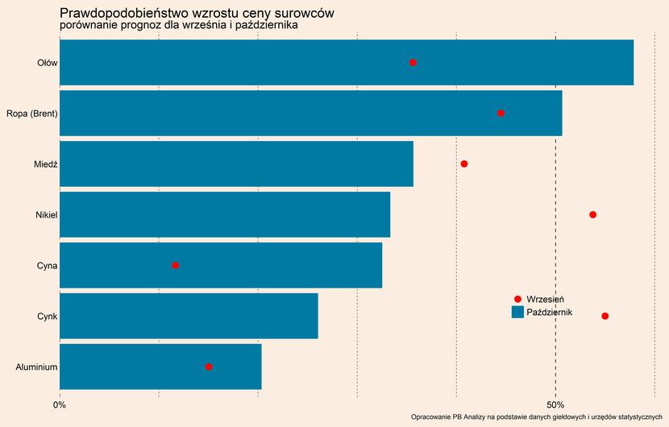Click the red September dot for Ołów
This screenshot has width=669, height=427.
(413, 62)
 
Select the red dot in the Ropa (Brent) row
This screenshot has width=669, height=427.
(501, 113)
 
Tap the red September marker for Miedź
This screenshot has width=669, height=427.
(464, 164)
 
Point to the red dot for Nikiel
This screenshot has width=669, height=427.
(592, 214)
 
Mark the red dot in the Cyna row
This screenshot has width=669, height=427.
(175, 265)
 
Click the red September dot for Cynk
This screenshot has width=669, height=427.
(605, 316)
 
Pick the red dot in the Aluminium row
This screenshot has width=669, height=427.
(209, 367)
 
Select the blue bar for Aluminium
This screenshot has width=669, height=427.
(160, 367)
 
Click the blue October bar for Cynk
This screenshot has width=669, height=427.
(189, 316)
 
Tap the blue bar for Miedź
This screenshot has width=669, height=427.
(236, 164)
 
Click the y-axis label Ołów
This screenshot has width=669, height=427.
(47, 63)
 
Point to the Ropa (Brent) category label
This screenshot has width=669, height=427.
(31, 114)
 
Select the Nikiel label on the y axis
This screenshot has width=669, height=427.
(46, 215)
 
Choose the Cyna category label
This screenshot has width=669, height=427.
(47, 266)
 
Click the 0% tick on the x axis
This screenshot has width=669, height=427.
(60, 404)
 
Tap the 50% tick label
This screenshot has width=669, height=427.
(555, 404)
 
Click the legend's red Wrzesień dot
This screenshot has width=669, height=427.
(517, 299)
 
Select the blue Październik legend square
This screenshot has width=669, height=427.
(517, 312)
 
